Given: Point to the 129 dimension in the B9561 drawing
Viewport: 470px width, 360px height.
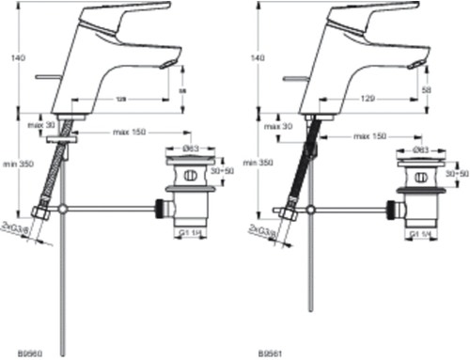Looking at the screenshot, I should [368, 99].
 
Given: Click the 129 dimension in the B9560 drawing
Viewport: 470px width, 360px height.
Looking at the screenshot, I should [122, 99].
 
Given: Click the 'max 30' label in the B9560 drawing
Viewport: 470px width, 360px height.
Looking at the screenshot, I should [38, 125].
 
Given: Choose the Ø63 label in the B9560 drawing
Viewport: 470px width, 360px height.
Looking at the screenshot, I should [189, 149].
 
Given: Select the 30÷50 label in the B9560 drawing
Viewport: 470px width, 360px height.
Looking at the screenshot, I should [223, 174].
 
